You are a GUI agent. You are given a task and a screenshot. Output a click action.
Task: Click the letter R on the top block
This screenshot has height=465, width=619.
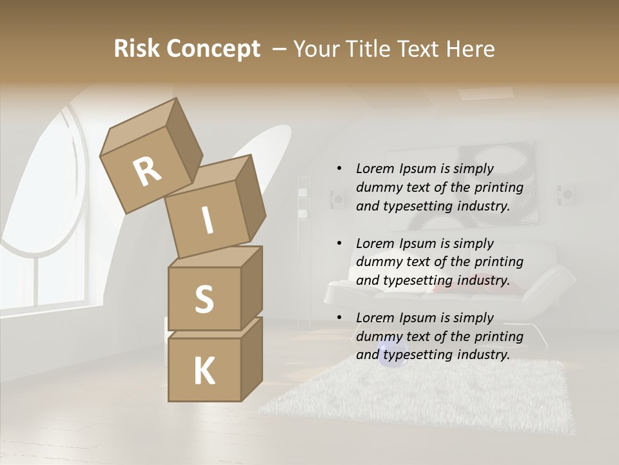[x=147, y=172]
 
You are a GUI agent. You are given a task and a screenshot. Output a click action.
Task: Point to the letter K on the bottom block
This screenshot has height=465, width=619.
[x=204, y=371]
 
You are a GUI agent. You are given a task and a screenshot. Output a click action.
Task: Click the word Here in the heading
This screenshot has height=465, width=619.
[x=470, y=48]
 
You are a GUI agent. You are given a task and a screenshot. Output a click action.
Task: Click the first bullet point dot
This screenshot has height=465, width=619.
[x=339, y=169]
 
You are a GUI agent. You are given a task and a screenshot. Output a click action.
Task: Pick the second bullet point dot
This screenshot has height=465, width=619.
[x=339, y=243]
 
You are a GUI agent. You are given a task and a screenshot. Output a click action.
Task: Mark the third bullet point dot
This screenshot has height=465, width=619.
[x=339, y=318]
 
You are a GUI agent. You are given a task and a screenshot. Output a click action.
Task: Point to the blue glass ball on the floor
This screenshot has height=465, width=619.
[x=389, y=354]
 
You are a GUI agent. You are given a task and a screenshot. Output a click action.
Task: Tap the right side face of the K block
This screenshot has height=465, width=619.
[x=251, y=358]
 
